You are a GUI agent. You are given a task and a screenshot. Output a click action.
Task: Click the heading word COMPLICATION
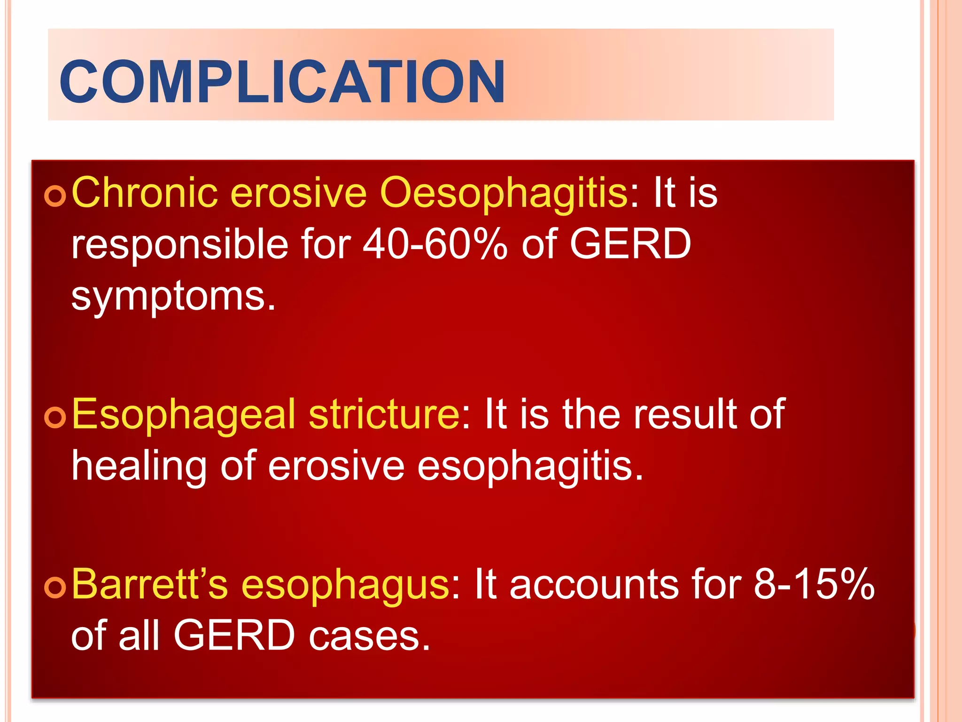[x=282, y=81]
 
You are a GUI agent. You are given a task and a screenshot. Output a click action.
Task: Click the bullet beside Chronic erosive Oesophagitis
[x=55, y=196]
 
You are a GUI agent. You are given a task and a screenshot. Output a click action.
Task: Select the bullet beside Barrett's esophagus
[x=55, y=587]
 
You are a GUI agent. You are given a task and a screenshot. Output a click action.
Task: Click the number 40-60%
[x=435, y=244]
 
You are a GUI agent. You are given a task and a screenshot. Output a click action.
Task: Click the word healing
[x=139, y=466]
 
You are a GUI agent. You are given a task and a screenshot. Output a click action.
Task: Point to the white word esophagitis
[x=530, y=466]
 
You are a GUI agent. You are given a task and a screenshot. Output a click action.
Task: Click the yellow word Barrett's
[x=149, y=584]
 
